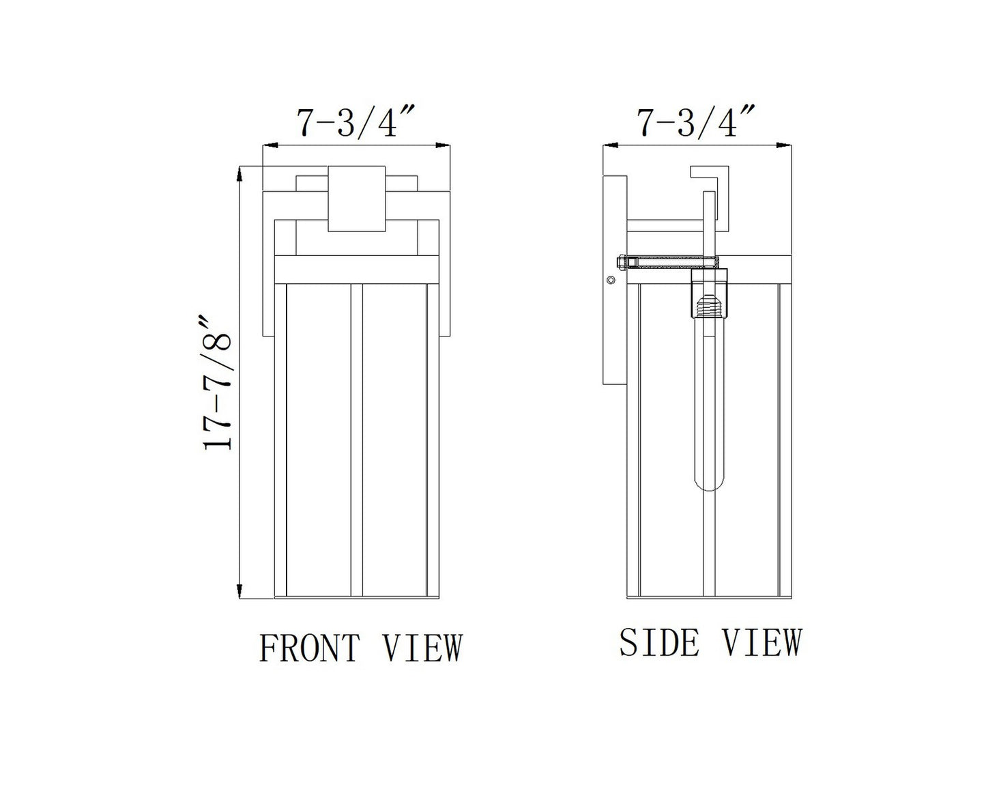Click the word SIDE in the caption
(659, 642)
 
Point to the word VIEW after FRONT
(422, 647)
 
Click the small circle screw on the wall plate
(610, 280)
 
